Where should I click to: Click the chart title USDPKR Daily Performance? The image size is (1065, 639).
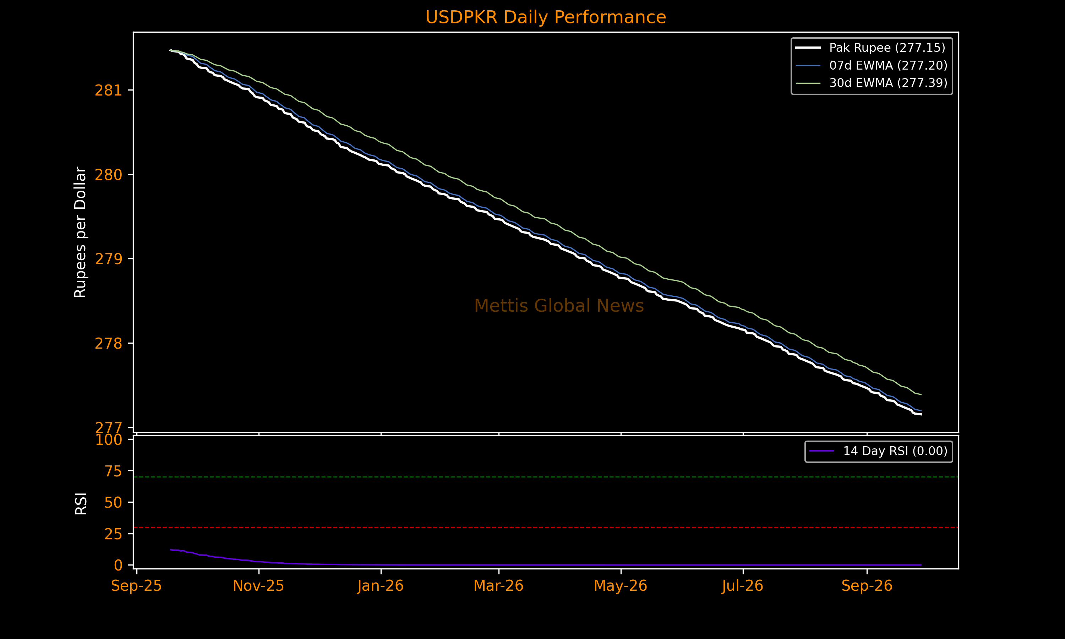[x=545, y=17]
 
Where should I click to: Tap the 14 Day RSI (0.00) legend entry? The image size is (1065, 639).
[x=878, y=451]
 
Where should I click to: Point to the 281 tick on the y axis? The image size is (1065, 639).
[x=108, y=91]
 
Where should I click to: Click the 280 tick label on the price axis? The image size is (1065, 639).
[x=108, y=175]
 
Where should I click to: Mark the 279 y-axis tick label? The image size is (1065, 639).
[x=108, y=259]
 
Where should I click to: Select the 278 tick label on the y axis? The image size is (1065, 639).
[x=108, y=343]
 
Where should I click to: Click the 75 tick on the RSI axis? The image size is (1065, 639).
[x=113, y=471]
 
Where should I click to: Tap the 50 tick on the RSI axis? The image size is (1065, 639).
[x=113, y=502]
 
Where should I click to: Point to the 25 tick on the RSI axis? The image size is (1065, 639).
[x=113, y=534]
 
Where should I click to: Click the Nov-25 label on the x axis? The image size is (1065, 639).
[x=258, y=586]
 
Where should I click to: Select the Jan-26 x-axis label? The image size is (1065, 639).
[x=381, y=586]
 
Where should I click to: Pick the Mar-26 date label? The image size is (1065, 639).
[x=498, y=586]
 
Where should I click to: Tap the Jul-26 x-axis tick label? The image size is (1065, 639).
[x=743, y=586]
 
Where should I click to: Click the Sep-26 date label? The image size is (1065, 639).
[x=867, y=586]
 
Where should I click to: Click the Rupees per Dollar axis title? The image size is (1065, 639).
[x=81, y=232]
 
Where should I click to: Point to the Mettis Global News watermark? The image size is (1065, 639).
[x=559, y=306]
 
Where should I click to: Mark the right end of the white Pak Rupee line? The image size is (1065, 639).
[x=921, y=414]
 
